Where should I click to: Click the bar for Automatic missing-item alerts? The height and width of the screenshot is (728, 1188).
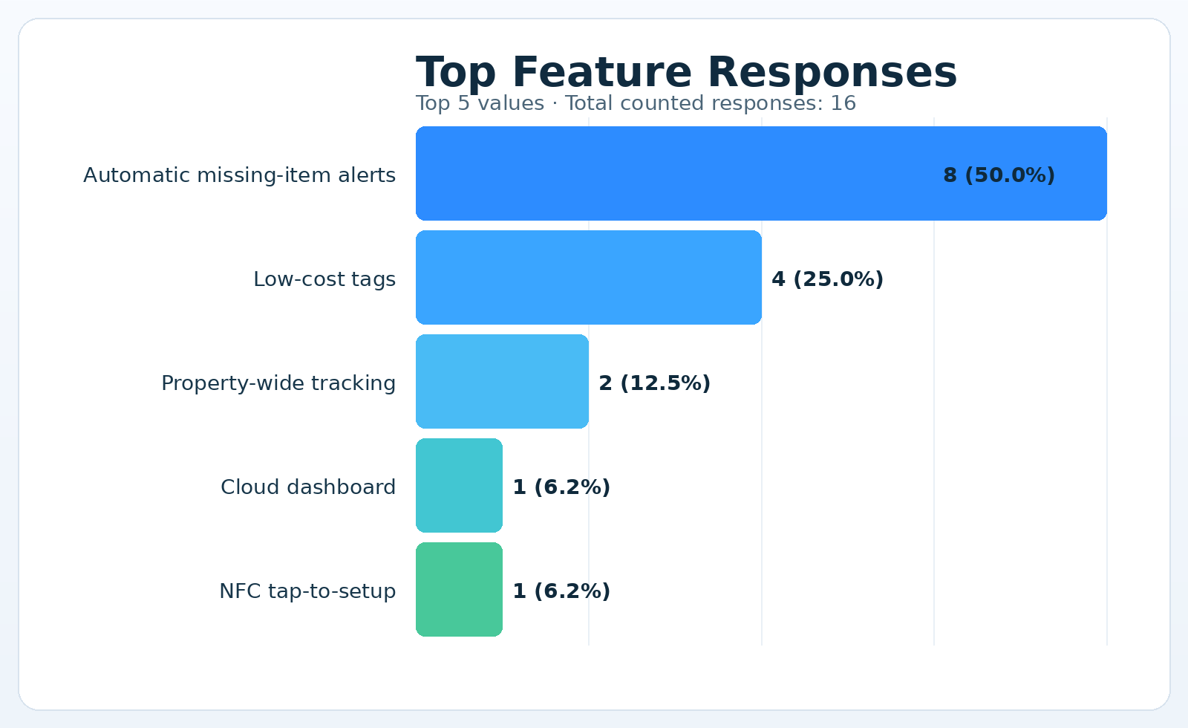pyautogui.click(x=668, y=173)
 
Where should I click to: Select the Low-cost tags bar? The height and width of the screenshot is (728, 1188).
pyautogui.click(x=588, y=277)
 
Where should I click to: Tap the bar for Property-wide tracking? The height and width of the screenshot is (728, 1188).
pyautogui.click(x=502, y=381)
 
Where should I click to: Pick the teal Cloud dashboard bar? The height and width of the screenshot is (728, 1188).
pyautogui.click(x=459, y=485)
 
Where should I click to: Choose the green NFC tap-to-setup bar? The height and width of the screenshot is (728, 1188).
pyautogui.click(x=459, y=589)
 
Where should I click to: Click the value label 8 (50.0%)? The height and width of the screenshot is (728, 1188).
pyautogui.click(x=999, y=175)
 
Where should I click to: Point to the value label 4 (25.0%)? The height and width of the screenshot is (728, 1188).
pyautogui.click(x=827, y=279)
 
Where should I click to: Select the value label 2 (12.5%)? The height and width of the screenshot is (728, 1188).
pyautogui.click(x=654, y=383)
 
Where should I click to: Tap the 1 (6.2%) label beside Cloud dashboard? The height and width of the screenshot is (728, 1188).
pyautogui.click(x=561, y=487)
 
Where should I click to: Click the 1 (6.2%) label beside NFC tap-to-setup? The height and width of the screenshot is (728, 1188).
pyautogui.click(x=561, y=591)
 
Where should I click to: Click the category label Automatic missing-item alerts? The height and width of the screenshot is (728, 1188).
pyautogui.click(x=239, y=175)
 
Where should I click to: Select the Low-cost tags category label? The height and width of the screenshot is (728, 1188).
pyautogui.click(x=324, y=279)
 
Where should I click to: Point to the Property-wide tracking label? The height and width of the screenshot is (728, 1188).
pyautogui.click(x=278, y=383)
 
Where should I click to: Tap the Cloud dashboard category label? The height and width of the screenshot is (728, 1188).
pyautogui.click(x=308, y=487)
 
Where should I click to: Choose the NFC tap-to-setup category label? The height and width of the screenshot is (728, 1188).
pyautogui.click(x=307, y=591)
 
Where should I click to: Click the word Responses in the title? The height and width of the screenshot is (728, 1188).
pyautogui.click(x=832, y=73)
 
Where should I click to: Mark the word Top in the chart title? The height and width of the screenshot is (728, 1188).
pyautogui.click(x=456, y=73)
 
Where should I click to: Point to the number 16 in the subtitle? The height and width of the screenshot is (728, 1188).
pyautogui.click(x=843, y=103)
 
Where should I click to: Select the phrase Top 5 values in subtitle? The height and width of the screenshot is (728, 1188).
pyautogui.click(x=480, y=103)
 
